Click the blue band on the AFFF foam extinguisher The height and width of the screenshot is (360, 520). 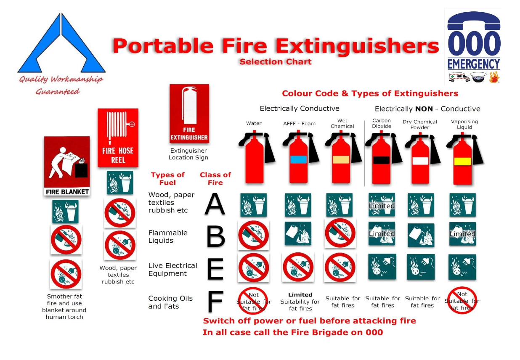pos(298,159)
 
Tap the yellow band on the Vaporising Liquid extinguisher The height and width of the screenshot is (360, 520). pos(462,161)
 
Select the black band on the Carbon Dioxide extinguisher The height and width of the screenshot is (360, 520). pos(381,160)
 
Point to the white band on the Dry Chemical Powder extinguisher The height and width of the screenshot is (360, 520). pos(420,161)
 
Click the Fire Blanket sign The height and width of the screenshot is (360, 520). pos(67,166)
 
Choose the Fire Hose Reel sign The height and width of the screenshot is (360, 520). pos(118,138)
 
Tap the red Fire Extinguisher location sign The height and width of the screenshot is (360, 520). pos(189,113)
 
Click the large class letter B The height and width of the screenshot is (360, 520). pos(216,236)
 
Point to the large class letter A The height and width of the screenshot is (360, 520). pos(215,204)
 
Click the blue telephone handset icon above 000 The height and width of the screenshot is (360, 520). pos(474,21)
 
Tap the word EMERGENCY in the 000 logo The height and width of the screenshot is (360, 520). pos(474,64)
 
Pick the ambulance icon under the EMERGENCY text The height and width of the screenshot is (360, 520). pos(459,77)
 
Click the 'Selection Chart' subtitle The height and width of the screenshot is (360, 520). pos(276,62)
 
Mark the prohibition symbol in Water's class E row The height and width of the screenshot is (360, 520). pos(254,267)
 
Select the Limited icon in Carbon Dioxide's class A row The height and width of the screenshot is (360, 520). pos(382,205)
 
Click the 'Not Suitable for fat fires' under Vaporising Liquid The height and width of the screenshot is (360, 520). pos(462,301)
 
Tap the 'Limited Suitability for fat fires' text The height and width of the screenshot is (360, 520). pos(300,302)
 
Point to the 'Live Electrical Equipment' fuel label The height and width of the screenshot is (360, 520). pos(173,270)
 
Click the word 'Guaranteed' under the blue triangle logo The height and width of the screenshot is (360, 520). pos(58,91)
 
